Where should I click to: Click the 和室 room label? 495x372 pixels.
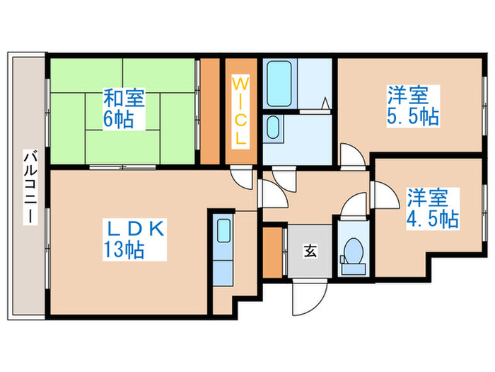pyautogui.click(x=124, y=97)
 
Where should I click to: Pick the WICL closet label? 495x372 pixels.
pyautogui.click(x=240, y=111)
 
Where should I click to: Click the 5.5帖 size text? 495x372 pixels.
pyautogui.click(x=412, y=115)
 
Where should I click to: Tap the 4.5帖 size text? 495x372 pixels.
pyautogui.click(x=432, y=218)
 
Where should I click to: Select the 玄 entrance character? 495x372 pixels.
pyautogui.click(x=310, y=250)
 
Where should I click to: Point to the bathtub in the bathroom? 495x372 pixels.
pyautogui.click(x=281, y=83)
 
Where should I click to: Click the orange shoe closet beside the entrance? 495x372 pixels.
pyautogui.click(x=272, y=251)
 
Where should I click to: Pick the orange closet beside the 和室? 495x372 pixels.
pyautogui.click(x=210, y=110)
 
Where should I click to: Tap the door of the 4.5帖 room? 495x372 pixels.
pyautogui.click(x=383, y=193)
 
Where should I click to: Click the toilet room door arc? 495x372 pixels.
pyautogui.click(x=350, y=208)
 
